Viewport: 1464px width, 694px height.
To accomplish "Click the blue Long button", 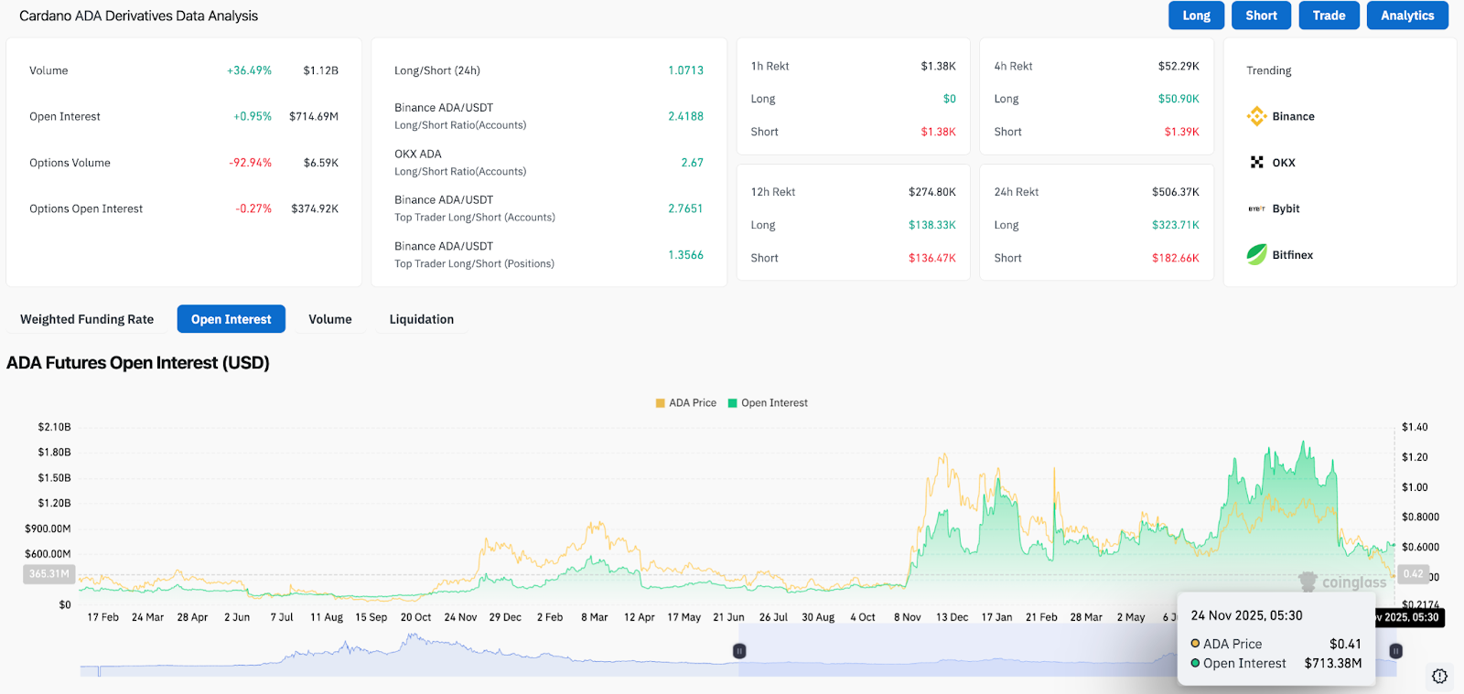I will coord(1196,16).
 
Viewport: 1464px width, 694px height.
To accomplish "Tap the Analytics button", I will coord(1407,16).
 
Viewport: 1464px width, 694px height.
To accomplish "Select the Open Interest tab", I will coord(231,319).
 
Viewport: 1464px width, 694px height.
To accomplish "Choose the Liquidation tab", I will coord(421,319).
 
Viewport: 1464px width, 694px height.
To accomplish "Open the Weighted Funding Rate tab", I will coord(87,319).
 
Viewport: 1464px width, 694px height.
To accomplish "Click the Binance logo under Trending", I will coord(1257,116).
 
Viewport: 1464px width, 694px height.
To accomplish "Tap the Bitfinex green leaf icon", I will coord(1257,255).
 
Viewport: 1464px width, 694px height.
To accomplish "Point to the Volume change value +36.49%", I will coord(249,70).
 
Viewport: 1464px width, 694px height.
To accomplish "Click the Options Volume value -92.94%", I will coord(250,163).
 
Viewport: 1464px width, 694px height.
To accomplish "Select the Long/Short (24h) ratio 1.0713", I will coord(685,70).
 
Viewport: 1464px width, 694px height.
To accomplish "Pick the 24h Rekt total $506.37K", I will coord(1175,192).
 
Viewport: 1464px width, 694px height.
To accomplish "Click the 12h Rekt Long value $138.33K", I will coord(931,225).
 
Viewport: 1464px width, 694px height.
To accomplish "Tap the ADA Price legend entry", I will coord(686,403).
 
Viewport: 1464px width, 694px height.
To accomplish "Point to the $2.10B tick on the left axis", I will coord(54,427).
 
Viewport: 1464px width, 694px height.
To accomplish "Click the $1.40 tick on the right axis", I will coord(1415,427).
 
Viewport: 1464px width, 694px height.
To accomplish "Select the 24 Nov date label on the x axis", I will coord(460,617).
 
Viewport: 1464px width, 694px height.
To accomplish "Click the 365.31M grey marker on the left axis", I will coord(48,574).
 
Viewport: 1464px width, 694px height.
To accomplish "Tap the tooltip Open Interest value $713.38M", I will coord(1332,663).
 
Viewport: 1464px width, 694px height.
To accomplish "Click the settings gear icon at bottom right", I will coord(1439,677).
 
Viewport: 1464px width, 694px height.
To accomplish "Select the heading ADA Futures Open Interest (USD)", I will coord(138,363).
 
